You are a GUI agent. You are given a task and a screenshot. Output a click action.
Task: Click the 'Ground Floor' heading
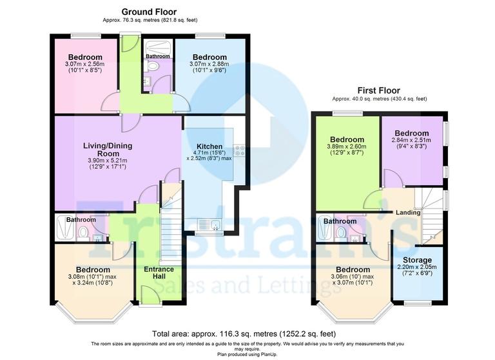coord(149,12)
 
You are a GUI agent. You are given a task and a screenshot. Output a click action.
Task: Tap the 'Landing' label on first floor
coord(408,213)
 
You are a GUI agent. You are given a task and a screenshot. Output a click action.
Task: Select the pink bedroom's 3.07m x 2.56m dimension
coord(85,65)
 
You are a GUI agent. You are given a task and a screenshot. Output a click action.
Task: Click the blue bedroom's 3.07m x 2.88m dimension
coord(209,65)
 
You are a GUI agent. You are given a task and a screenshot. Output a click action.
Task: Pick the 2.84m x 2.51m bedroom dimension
coord(412,139)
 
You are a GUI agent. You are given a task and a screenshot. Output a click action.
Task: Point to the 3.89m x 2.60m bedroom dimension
coord(346,147)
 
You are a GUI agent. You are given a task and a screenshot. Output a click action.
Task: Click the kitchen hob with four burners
coord(240,151)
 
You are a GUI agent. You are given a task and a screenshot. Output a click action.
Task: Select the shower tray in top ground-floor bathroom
coord(155,48)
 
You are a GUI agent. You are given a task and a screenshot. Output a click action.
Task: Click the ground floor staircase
coord(171,219)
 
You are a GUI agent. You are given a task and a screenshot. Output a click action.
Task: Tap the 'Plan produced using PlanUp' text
coord(247,354)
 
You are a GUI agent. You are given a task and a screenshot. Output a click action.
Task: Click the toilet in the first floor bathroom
coord(341,232)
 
